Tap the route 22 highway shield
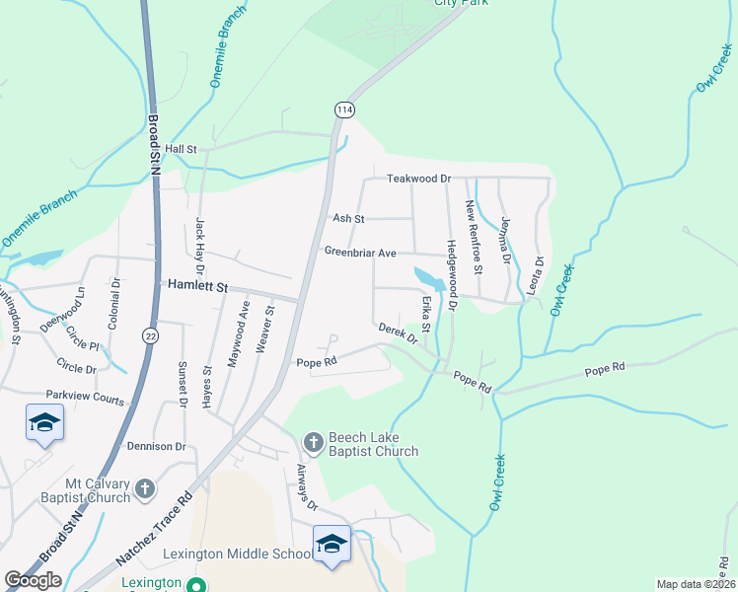(x=148, y=335)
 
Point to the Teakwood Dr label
(x=418, y=179)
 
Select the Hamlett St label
(x=197, y=286)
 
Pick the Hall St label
(x=182, y=149)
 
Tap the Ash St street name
(x=349, y=218)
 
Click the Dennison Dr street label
(x=156, y=446)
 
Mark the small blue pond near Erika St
(x=425, y=275)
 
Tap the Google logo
(x=33, y=580)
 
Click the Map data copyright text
(x=696, y=584)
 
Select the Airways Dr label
(x=305, y=490)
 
